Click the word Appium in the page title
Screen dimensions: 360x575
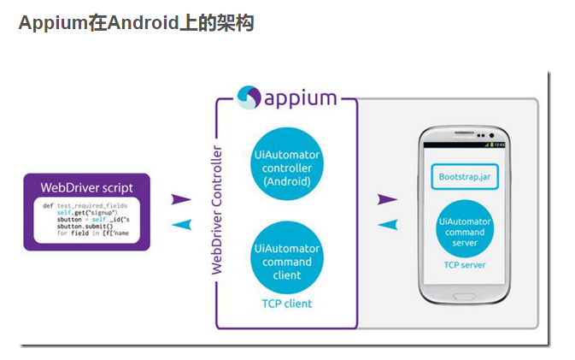pyautogui.click(x=52, y=22)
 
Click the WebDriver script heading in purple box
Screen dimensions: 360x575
pyautogui.click(x=86, y=187)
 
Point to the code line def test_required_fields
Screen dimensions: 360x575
pyautogui.click(x=84, y=206)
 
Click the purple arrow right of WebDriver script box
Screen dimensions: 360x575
pyautogui.click(x=181, y=199)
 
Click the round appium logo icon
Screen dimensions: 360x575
pyautogui.click(x=249, y=97)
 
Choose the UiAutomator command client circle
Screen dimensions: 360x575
pyautogui.click(x=287, y=261)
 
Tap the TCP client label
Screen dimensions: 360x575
pyautogui.click(x=287, y=304)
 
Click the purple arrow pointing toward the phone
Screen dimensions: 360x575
pyautogui.click(x=387, y=199)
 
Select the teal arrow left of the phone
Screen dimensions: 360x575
pyautogui.click(x=387, y=224)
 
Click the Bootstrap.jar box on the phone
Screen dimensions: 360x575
pyautogui.click(x=463, y=177)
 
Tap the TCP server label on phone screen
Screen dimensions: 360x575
pyautogui.click(x=464, y=265)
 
